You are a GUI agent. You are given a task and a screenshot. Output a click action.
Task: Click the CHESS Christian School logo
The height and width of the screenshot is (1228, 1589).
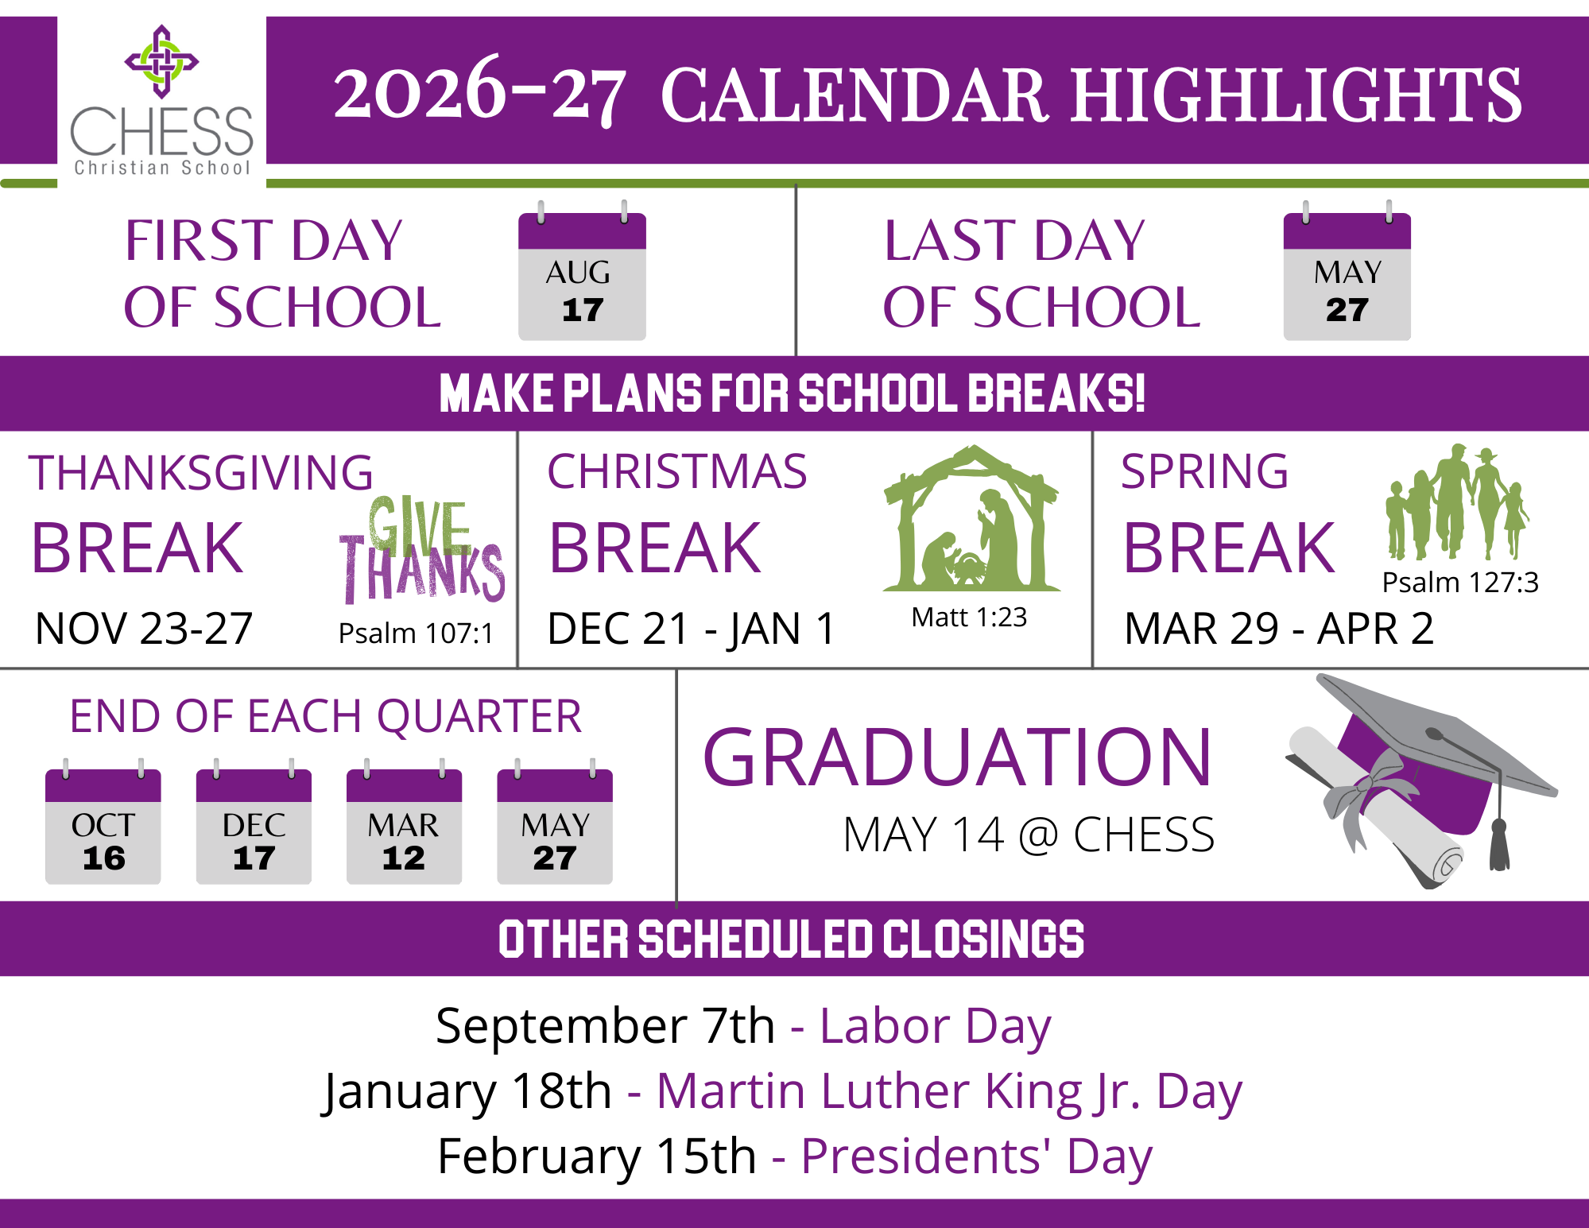pyautogui.click(x=161, y=100)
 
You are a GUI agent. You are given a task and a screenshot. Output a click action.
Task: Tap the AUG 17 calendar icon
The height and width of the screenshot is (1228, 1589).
pyautogui.click(x=582, y=271)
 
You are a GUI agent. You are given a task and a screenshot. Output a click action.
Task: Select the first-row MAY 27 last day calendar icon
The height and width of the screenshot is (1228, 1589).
pyautogui.click(x=1347, y=271)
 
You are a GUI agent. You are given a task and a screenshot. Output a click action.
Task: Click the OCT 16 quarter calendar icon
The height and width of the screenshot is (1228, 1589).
pyautogui.click(x=103, y=822)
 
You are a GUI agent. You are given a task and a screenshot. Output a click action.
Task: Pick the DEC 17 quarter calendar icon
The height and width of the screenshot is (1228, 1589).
pyautogui.click(x=254, y=822)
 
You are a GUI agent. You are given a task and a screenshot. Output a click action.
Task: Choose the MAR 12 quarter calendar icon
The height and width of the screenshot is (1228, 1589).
pyautogui.click(x=404, y=822)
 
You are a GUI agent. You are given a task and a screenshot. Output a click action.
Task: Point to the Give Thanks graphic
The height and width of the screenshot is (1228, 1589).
pyautogui.click(x=422, y=549)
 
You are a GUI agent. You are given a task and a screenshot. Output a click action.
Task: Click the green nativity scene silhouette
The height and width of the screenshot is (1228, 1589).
pyautogui.click(x=971, y=518)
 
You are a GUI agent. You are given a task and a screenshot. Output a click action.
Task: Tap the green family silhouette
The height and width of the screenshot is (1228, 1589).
pyautogui.click(x=1457, y=502)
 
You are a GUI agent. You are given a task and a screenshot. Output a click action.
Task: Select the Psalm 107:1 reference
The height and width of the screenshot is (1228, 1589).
pyautogui.click(x=416, y=633)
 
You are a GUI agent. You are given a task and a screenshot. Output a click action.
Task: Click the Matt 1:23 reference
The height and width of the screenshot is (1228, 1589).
pyautogui.click(x=969, y=617)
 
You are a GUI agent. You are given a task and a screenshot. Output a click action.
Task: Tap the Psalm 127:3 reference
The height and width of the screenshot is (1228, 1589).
pyautogui.click(x=1460, y=583)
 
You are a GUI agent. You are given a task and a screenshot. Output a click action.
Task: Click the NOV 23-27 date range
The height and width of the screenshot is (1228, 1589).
pyautogui.click(x=144, y=629)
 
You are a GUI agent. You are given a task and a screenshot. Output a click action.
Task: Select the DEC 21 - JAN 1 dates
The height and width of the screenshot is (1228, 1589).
pyautogui.click(x=692, y=629)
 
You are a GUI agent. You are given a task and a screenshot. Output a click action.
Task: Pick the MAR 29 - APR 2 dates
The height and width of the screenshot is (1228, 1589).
pyautogui.click(x=1279, y=629)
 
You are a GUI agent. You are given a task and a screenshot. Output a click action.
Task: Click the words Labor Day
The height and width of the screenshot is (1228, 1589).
pyautogui.click(x=936, y=1026)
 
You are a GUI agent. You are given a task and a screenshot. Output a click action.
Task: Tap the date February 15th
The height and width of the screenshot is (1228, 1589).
pyautogui.click(x=597, y=1156)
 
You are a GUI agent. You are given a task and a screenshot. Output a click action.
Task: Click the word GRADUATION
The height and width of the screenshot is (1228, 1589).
pyautogui.click(x=957, y=757)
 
